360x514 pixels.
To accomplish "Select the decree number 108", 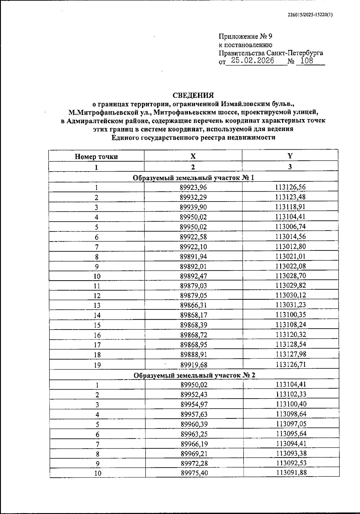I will [306, 61].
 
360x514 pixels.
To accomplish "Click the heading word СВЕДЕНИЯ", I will [193, 95].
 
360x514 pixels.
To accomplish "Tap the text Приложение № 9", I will [245, 37].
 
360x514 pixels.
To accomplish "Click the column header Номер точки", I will [96, 157].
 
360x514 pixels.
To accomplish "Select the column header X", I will [193, 156].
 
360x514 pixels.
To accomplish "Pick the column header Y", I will [290, 156].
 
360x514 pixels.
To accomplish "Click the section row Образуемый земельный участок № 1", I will [193, 178].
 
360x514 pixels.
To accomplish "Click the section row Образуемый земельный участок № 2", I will [194, 375].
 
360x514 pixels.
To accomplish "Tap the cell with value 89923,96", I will [193, 188].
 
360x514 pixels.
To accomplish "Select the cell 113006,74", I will [290, 227].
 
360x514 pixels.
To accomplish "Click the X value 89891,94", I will [193, 256].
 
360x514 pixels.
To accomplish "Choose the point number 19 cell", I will [97, 365].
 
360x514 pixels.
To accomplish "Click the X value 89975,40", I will [194, 473].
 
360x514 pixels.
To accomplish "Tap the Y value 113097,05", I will [291, 424].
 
